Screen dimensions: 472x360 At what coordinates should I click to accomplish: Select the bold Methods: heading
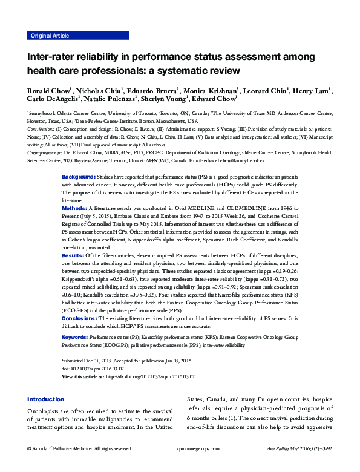click(x=74, y=208)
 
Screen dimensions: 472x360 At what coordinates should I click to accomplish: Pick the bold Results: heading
click(x=73, y=256)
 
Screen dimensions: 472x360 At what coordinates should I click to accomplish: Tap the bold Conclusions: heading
click(x=80, y=317)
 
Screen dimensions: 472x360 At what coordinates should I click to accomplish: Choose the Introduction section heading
click(x=47, y=399)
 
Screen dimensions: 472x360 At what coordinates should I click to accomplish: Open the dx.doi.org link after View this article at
click(x=149, y=376)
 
